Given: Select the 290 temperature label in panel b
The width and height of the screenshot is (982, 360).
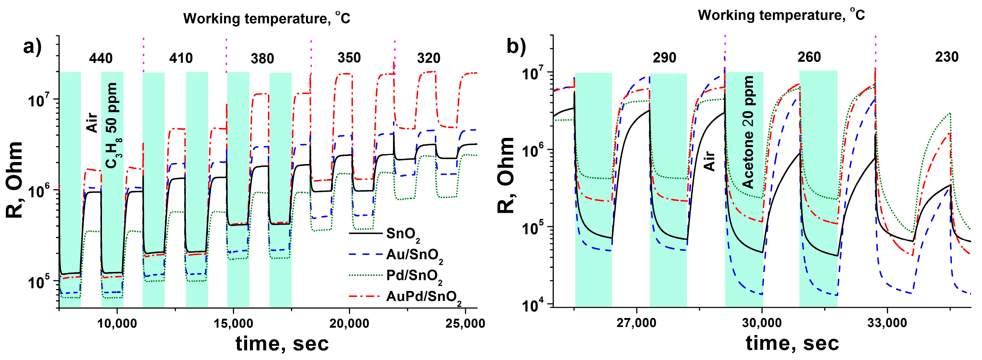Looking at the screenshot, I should point(665,58).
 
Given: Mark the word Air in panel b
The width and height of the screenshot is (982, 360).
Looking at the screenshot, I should point(709,160).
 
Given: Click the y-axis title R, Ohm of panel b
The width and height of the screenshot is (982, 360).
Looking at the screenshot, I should point(507,175).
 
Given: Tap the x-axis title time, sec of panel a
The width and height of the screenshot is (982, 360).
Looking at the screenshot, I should point(282,343).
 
